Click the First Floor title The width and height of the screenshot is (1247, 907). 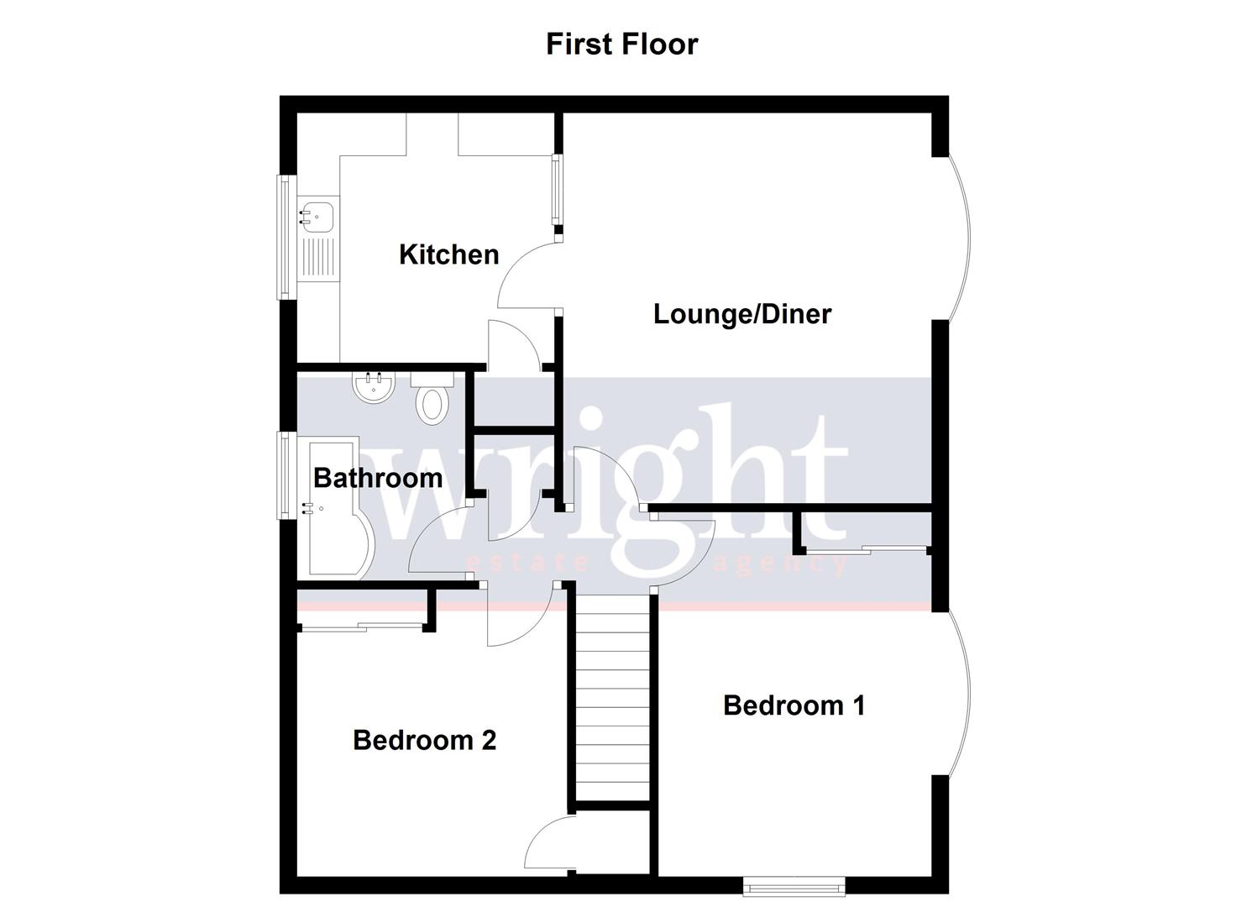pos(621,44)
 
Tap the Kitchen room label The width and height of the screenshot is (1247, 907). pos(448,254)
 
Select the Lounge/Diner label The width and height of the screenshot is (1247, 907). pos(742,314)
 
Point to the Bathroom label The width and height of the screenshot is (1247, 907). pos(378,478)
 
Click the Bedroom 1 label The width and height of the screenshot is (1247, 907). pos(794,705)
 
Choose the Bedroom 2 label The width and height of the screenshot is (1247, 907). pos(424,740)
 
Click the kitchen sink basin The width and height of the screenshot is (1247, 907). pos(317,216)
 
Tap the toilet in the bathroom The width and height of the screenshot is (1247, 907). pos(432,401)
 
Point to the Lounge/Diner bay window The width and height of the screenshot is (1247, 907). pos(962,238)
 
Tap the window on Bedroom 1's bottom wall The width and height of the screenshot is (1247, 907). pos(794,885)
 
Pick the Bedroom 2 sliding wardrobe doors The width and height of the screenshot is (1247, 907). pos(361,625)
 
